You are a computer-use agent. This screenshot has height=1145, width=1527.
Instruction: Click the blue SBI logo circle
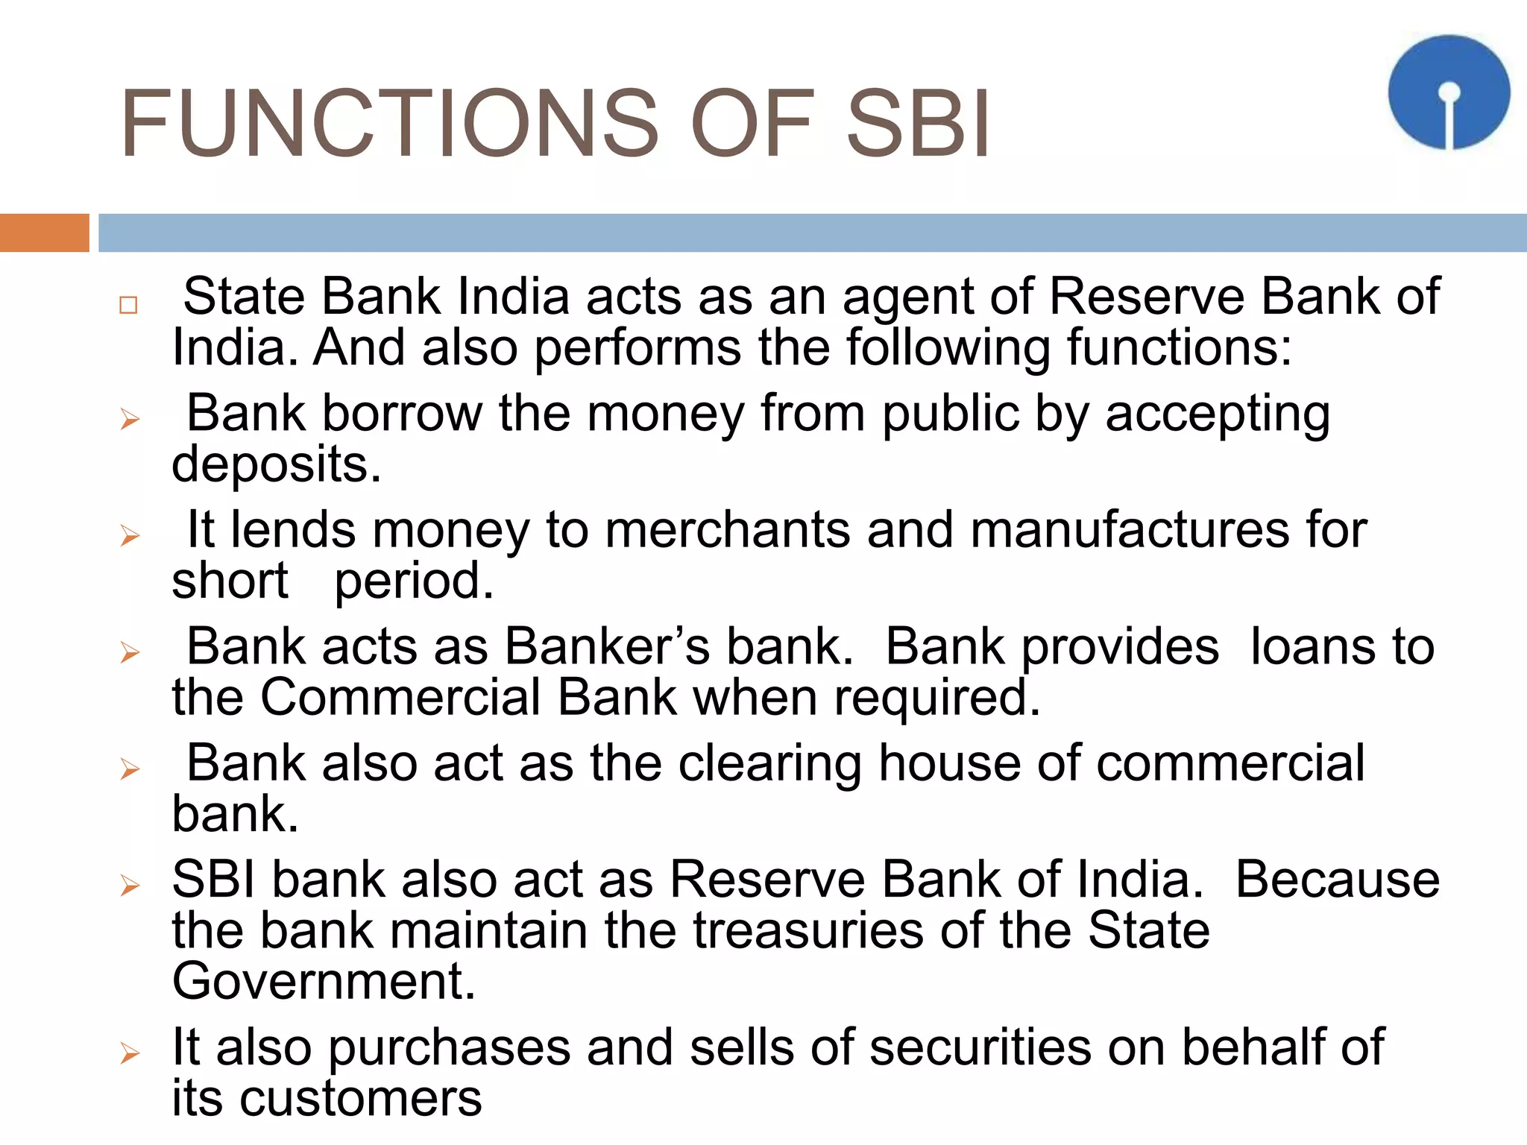click(x=1448, y=92)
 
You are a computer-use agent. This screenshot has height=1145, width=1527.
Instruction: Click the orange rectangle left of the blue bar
click(x=44, y=233)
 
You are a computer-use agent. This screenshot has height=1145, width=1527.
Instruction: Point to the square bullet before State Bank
click(x=128, y=305)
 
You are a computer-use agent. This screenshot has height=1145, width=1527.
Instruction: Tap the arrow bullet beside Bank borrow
click(x=130, y=420)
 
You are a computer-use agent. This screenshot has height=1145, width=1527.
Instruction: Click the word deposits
click(x=276, y=464)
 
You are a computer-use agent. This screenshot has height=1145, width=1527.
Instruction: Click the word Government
click(x=323, y=980)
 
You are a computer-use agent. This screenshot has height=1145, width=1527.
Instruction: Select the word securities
click(x=980, y=1047)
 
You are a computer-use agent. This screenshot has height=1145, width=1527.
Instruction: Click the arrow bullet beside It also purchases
click(x=130, y=1053)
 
